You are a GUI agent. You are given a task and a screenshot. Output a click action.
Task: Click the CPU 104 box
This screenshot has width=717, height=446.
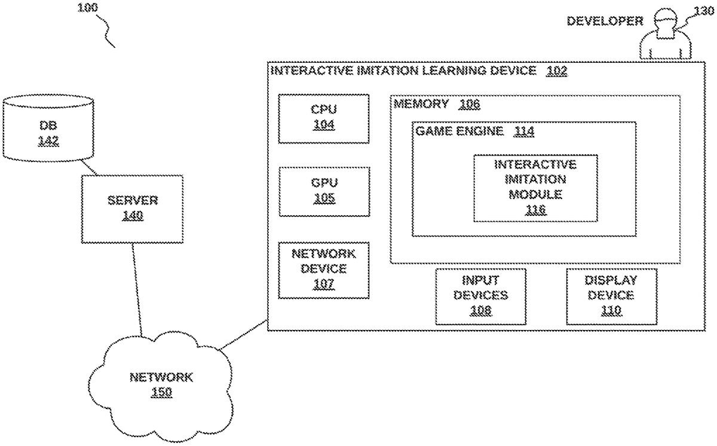pyautogui.click(x=323, y=118)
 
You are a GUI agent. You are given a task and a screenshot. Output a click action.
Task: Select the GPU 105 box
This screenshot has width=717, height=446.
pyautogui.click(x=323, y=191)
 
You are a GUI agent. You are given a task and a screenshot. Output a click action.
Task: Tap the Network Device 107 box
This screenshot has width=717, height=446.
pyautogui.click(x=323, y=270)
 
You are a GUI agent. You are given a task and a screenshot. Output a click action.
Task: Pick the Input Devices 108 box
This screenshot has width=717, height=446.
pyautogui.click(x=480, y=296)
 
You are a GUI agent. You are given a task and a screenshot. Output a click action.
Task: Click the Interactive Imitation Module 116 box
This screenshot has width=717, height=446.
pyautogui.click(x=535, y=187)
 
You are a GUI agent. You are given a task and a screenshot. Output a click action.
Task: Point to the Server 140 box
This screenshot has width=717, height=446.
pyautogui.click(x=132, y=209)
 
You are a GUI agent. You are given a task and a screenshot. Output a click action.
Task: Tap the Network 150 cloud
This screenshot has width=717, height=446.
pyautogui.click(x=161, y=385)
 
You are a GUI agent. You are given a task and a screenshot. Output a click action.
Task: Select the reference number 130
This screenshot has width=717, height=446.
pyautogui.click(x=704, y=10)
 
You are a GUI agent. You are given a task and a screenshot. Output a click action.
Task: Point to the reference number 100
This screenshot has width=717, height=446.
pyautogui.click(x=88, y=8)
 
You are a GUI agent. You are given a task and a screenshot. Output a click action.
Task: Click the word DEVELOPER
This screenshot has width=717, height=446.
pyautogui.click(x=605, y=21)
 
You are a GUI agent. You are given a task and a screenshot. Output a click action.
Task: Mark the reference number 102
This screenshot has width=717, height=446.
pyautogui.click(x=556, y=71)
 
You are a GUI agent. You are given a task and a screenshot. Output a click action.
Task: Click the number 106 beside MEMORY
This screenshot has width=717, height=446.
pyautogui.click(x=469, y=105)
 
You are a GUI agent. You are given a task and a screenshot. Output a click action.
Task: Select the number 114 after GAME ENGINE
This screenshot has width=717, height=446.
pyautogui.click(x=523, y=132)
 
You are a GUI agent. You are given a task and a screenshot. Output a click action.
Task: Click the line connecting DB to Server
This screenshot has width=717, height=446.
pyautogui.click(x=88, y=167)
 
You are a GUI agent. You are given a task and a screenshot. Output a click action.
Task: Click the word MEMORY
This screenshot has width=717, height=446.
pyautogui.click(x=421, y=104)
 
